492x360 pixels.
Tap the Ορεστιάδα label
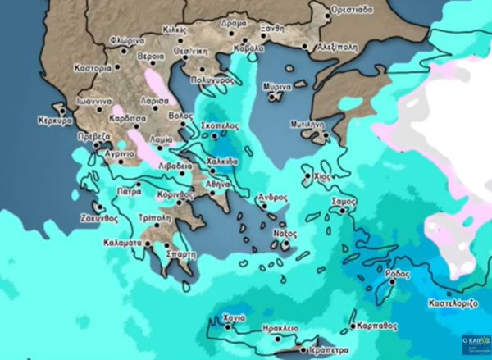point(352,9)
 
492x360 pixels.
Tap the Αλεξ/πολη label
point(336,47)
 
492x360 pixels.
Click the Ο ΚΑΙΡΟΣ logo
point(476,340)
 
